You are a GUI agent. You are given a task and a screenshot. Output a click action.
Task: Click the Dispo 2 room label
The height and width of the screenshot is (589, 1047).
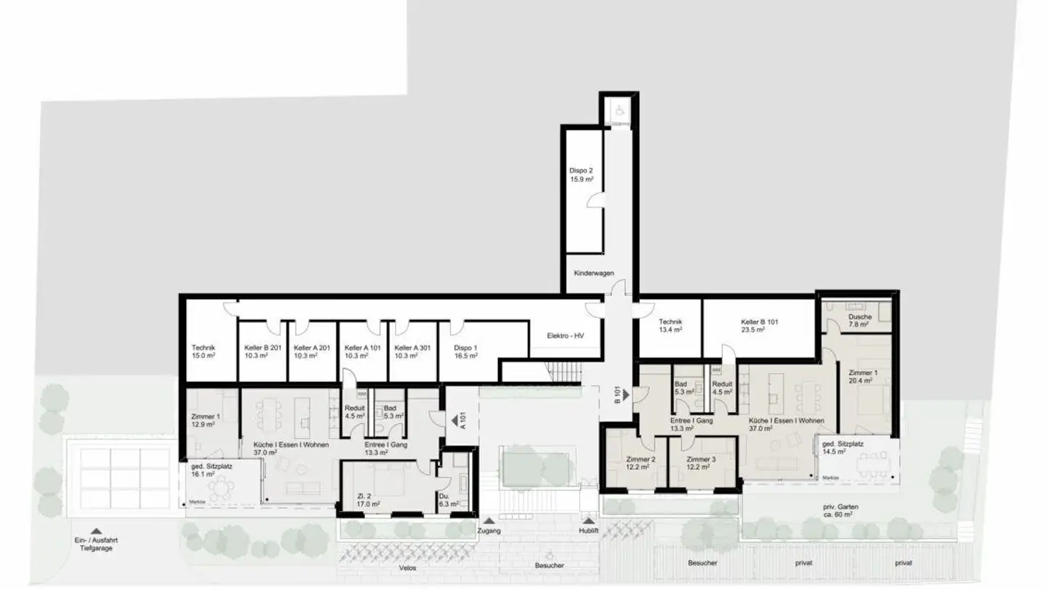(581, 175)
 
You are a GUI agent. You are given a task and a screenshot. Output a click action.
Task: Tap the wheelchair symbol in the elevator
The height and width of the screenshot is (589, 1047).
(619, 111)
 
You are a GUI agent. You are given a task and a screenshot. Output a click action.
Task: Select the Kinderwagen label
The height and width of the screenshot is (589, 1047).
(594, 273)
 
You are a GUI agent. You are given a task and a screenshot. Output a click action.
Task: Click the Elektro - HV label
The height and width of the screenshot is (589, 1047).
(565, 335)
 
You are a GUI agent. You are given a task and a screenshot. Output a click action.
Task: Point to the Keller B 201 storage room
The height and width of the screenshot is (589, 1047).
(263, 352)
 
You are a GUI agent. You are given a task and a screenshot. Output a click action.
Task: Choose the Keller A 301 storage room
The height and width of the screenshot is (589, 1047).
(412, 352)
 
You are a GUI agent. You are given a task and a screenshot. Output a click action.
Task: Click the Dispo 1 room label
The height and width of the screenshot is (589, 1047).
(466, 352)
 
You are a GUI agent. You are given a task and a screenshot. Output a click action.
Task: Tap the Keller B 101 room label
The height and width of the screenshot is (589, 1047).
(759, 325)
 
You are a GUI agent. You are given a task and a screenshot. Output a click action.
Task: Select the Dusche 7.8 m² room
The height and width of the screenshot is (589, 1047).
(859, 321)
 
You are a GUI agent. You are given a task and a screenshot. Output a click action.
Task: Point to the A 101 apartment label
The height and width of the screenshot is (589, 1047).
(461, 421)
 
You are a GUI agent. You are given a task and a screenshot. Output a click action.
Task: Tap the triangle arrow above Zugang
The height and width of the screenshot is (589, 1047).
(489, 521)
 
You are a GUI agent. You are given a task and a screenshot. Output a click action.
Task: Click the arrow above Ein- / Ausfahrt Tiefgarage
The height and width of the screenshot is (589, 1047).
(96, 531)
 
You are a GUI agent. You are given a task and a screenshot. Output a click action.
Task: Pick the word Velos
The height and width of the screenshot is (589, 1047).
(407, 569)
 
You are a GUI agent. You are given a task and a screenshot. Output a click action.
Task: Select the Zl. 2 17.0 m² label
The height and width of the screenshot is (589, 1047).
(370, 499)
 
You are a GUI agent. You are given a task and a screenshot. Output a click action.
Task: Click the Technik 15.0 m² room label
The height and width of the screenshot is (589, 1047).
(203, 352)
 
